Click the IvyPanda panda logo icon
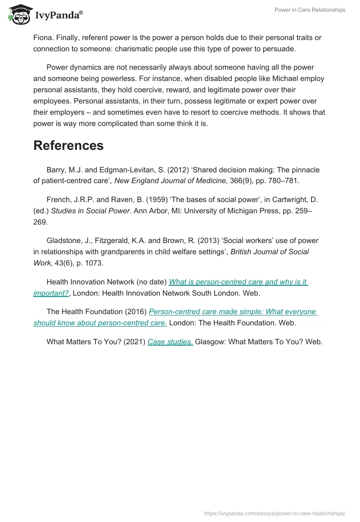(x=18, y=14)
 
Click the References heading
(x=68, y=145)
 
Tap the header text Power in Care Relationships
(x=310, y=10)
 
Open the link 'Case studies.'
(x=170, y=342)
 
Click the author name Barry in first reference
(x=56, y=170)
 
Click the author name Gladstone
(x=63, y=241)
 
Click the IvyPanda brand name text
(x=58, y=15)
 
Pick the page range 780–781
(x=284, y=180)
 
